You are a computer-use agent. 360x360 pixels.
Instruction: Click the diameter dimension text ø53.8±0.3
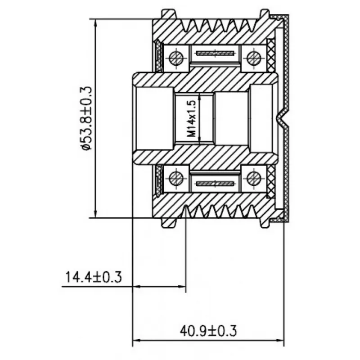pyautogui.click(x=86, y=118)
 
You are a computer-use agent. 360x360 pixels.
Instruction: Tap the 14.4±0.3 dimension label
pyautogui.click(x=94, y=277)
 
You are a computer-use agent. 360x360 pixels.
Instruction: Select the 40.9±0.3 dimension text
pyautogui.click(x=208, y=331)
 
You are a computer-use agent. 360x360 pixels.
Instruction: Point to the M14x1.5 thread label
pyautogui.click(x=192, y=119)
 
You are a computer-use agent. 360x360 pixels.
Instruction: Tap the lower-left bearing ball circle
pyautogui.click(x=176, y=179)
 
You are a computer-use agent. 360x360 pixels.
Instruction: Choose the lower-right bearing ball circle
pyautogui.click(x=254, y=179)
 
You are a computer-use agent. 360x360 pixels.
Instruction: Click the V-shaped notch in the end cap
pyautogui.click(x=283, y=118)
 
